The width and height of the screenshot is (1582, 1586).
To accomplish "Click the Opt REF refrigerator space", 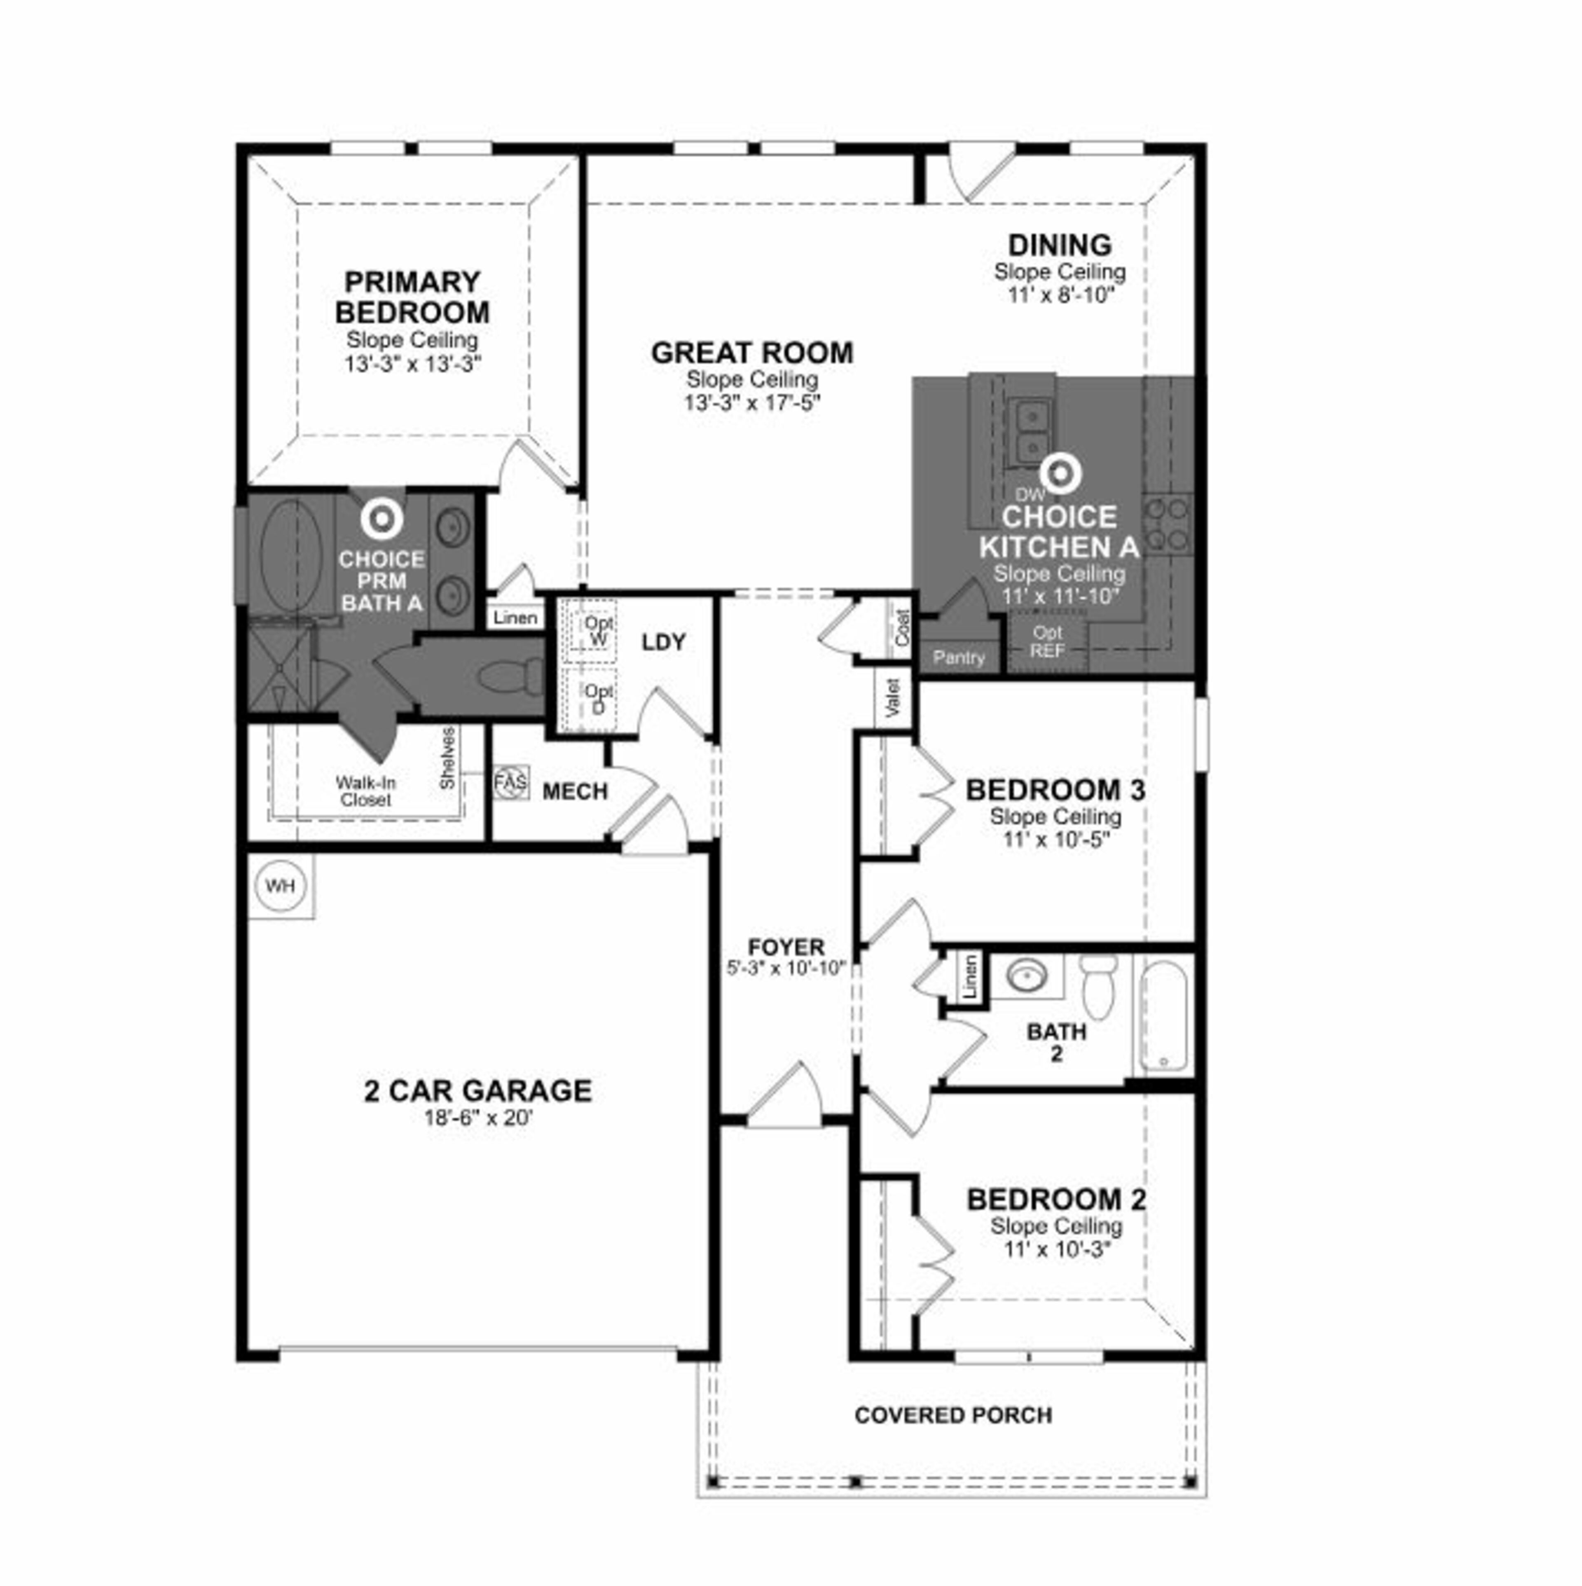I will pyautogui.click(x=1048, y=641).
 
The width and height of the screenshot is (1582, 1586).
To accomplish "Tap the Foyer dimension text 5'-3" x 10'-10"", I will pyautogui.click(x=786, y=968).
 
